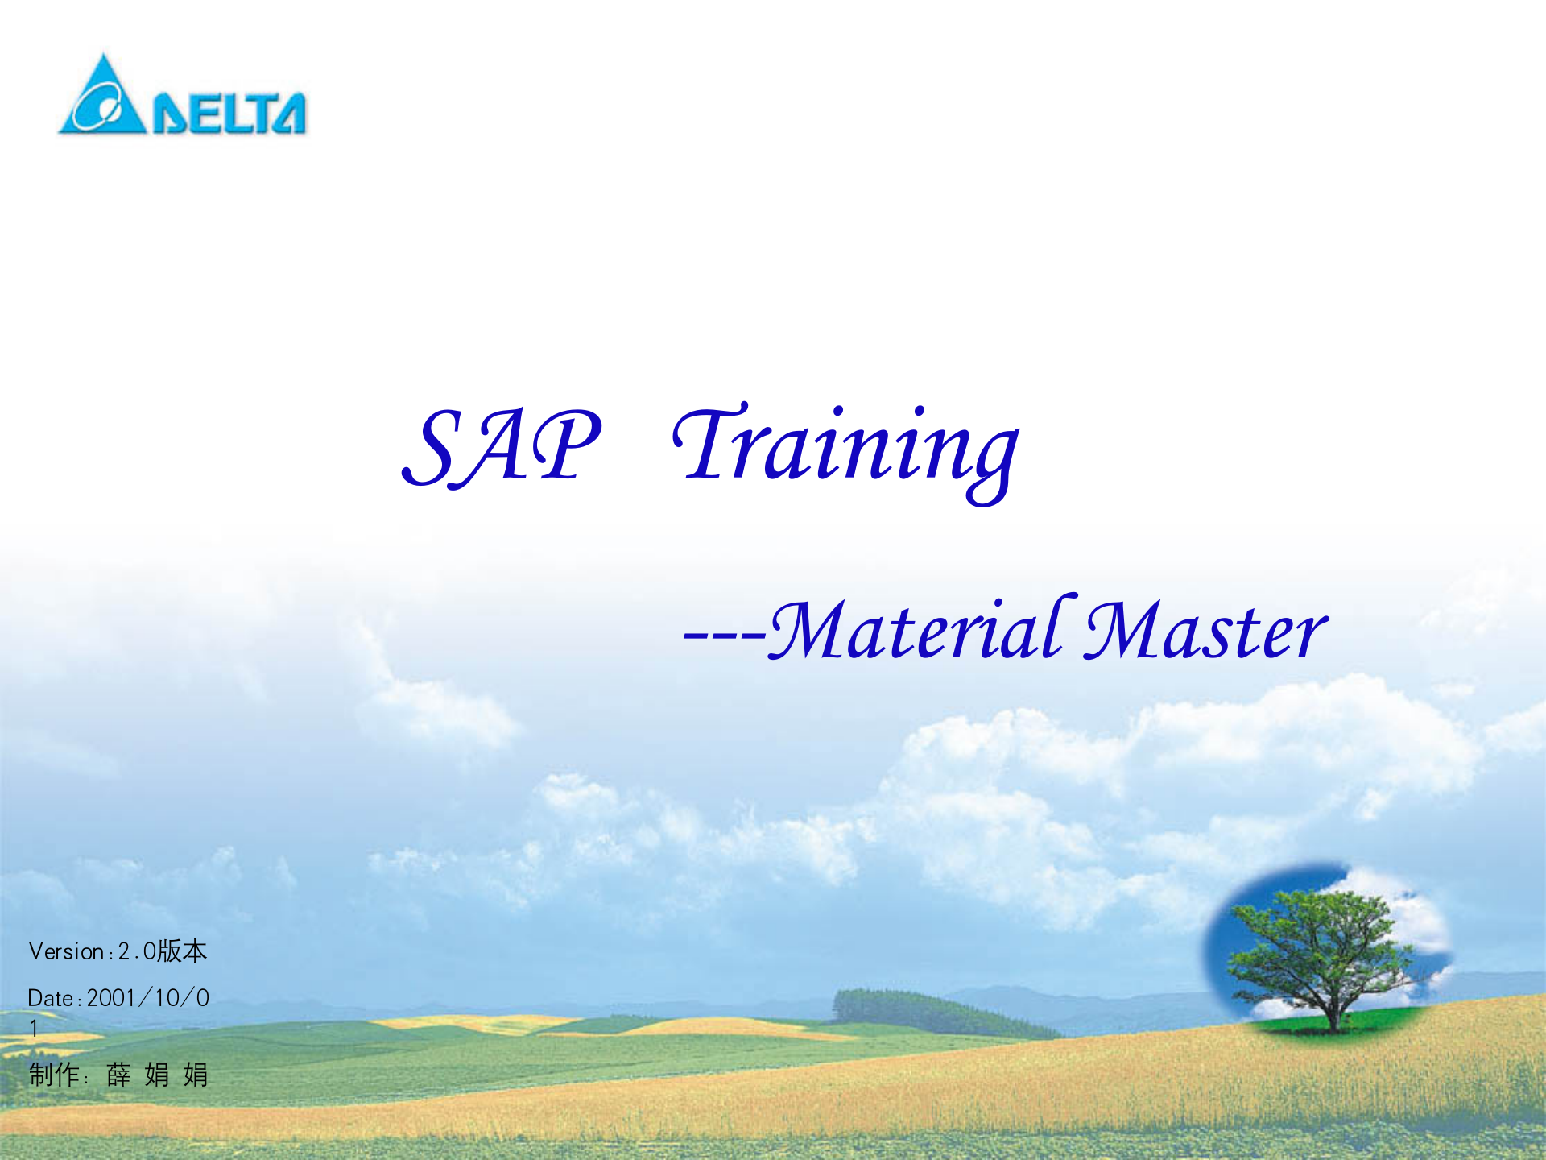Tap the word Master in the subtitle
pyautogui.click(x=1205, y=631)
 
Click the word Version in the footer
pyautogui.click(x=66, y=951)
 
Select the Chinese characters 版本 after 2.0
pyautogui.click(x=182, y=951)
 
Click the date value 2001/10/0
pyautogui.click(x=148, y=998)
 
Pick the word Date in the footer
pyautogui.click(x=51, y=998)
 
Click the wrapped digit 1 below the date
pyautogui.click(x=34, y=1029)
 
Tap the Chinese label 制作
pyautogui.click(x=53, y=1075)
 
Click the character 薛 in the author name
pyautogui.click(x=118, y=1075)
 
